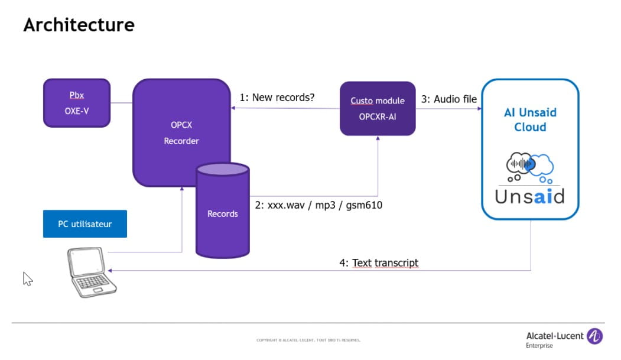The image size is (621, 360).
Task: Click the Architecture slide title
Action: tap(79, 25)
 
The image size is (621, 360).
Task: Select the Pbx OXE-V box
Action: tap(77, 103)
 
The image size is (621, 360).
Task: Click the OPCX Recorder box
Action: tap(181, 132)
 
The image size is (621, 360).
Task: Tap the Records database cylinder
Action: tap(222, 213)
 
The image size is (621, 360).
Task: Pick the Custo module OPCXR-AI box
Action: tap(378, 108)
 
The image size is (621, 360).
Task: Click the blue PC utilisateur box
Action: tap(85, 224)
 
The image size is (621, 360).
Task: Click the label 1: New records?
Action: tap(277, 98)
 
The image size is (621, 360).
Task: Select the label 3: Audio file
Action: tap(448, 99)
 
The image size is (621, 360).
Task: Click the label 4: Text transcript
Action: tap(378, 262)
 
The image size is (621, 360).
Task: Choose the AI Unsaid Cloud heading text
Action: tap(530, 119)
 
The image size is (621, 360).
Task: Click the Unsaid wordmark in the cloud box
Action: tap(529, 196)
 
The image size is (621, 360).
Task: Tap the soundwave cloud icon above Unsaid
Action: tap(529, 168)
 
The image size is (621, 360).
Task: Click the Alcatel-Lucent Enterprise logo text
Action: tap(554, 339)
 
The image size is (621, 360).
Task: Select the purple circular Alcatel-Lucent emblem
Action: tap(594, 336)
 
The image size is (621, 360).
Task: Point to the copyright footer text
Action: tap(308, 340)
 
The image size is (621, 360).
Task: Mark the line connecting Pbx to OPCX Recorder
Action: tap(121, 103)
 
